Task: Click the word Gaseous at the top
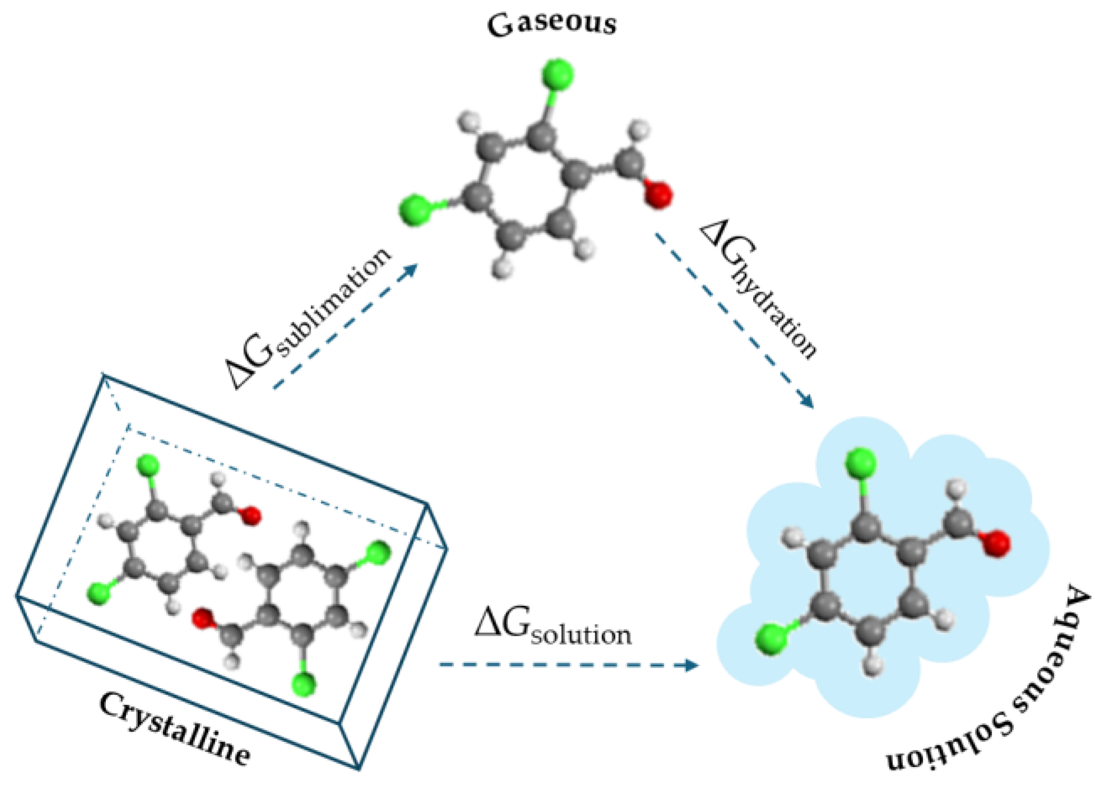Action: click(x=552, y=24)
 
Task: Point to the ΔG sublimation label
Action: click(x=309, y=319)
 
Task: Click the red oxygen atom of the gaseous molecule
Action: click(x=659, y=195)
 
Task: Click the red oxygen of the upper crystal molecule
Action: click(x=251, y=515)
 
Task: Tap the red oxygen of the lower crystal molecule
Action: click(x=202, y=618)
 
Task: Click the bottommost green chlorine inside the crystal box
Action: click(x=304, y=684)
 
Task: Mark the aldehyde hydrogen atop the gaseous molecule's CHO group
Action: click(x=639, y=130)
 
